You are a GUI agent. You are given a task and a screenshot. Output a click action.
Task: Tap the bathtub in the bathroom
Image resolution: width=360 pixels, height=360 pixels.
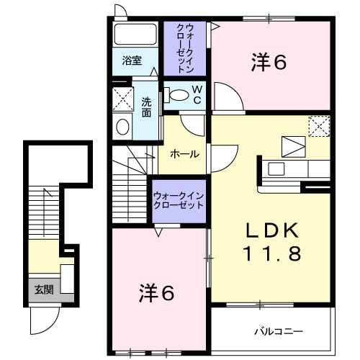pos(136,34)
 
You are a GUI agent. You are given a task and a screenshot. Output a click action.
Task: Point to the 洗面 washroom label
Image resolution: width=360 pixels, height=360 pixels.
pos(147,107)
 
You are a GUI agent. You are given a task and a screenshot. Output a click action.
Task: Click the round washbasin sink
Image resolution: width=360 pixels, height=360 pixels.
pos(122,127)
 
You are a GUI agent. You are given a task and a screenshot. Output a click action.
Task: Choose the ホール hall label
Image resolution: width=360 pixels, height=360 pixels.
pos(185,155)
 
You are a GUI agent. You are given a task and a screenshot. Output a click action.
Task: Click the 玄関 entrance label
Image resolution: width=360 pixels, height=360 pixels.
pos(43,290)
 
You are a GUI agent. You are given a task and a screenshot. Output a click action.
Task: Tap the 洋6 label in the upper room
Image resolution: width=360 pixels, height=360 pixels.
pos(269,63)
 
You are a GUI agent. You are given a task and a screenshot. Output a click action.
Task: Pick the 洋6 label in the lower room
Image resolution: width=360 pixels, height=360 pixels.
pos(156,294)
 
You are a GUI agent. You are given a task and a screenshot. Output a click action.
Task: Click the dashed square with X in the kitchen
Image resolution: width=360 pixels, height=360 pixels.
pos(318,127)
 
